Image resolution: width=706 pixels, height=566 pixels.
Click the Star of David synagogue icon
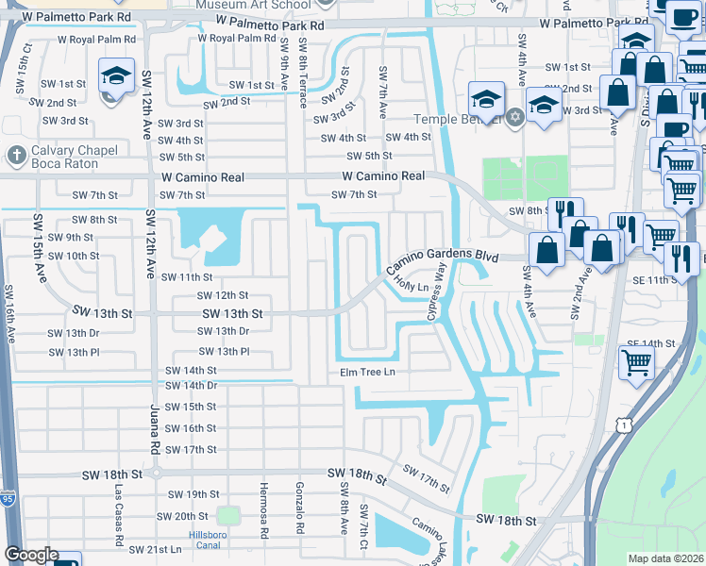click(514, 118)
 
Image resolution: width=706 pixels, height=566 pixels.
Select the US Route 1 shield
click(623, 427)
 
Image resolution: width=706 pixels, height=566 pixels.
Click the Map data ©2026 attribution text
click(665, 558)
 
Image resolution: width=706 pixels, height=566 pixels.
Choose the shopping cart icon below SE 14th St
click(637, 361)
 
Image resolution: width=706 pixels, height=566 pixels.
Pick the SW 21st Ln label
click(155, 549)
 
